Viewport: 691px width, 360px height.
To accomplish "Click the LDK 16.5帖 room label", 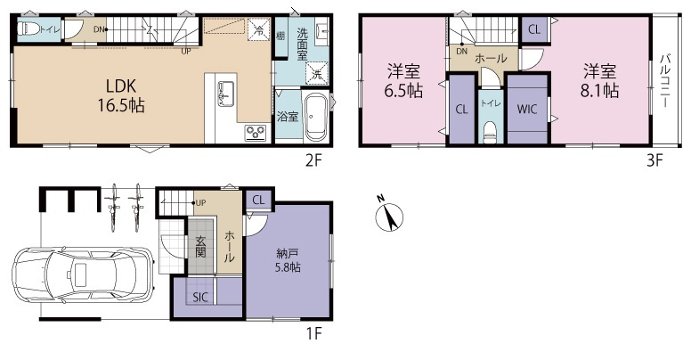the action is click(x=121, y=95).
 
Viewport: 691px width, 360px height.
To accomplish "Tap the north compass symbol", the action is click(x=389, y=217).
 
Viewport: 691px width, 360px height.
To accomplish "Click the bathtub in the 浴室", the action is click(x=315, y=117).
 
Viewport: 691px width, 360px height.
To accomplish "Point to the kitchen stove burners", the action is click(x=256, y=133).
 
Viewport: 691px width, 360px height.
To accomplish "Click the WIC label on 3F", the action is click(x=526, y=109).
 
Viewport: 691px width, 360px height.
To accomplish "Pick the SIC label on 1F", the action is click(x=200, y=298).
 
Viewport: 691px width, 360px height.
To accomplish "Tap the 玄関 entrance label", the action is click(x=200, y=247).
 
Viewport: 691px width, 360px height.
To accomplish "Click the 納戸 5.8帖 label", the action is click(x=289, y=260).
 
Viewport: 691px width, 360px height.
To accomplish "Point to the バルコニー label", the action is click(x=665, y=81).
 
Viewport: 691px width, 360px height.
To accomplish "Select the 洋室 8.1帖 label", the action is click(x=599, y=80).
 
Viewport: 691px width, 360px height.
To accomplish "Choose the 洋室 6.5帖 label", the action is click(x=403, y=80).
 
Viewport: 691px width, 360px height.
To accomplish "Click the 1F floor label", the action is click(x=313, y=333).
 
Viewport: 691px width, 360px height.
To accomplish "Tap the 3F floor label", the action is click(x=654, y=160).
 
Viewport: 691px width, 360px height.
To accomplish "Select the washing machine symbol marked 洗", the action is click(x=317, y=72).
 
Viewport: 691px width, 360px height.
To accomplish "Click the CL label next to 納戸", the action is click(x=258, y=200).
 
